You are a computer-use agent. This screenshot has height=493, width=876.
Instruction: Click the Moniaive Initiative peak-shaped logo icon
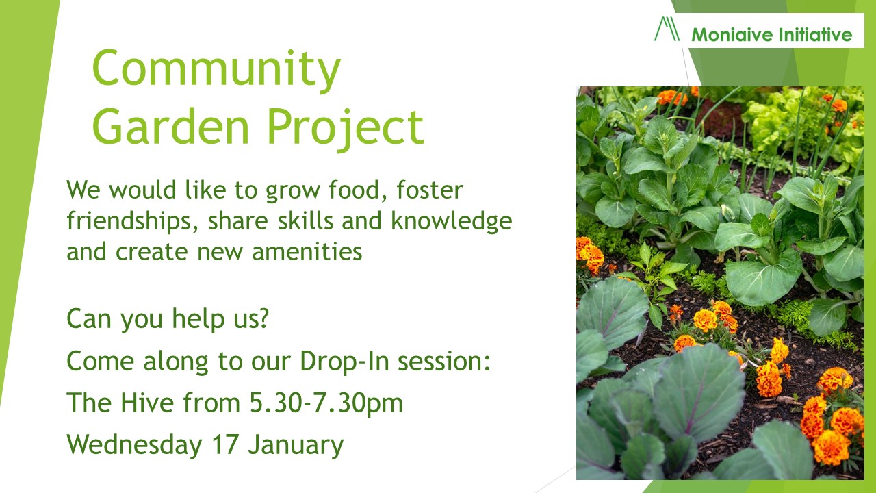coord(667,29)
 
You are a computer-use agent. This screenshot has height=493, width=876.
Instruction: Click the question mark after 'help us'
coord(261,319)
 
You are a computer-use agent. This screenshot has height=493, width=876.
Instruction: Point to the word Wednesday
coord(135,445)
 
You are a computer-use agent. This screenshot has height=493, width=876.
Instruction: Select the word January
coord(296,445)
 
